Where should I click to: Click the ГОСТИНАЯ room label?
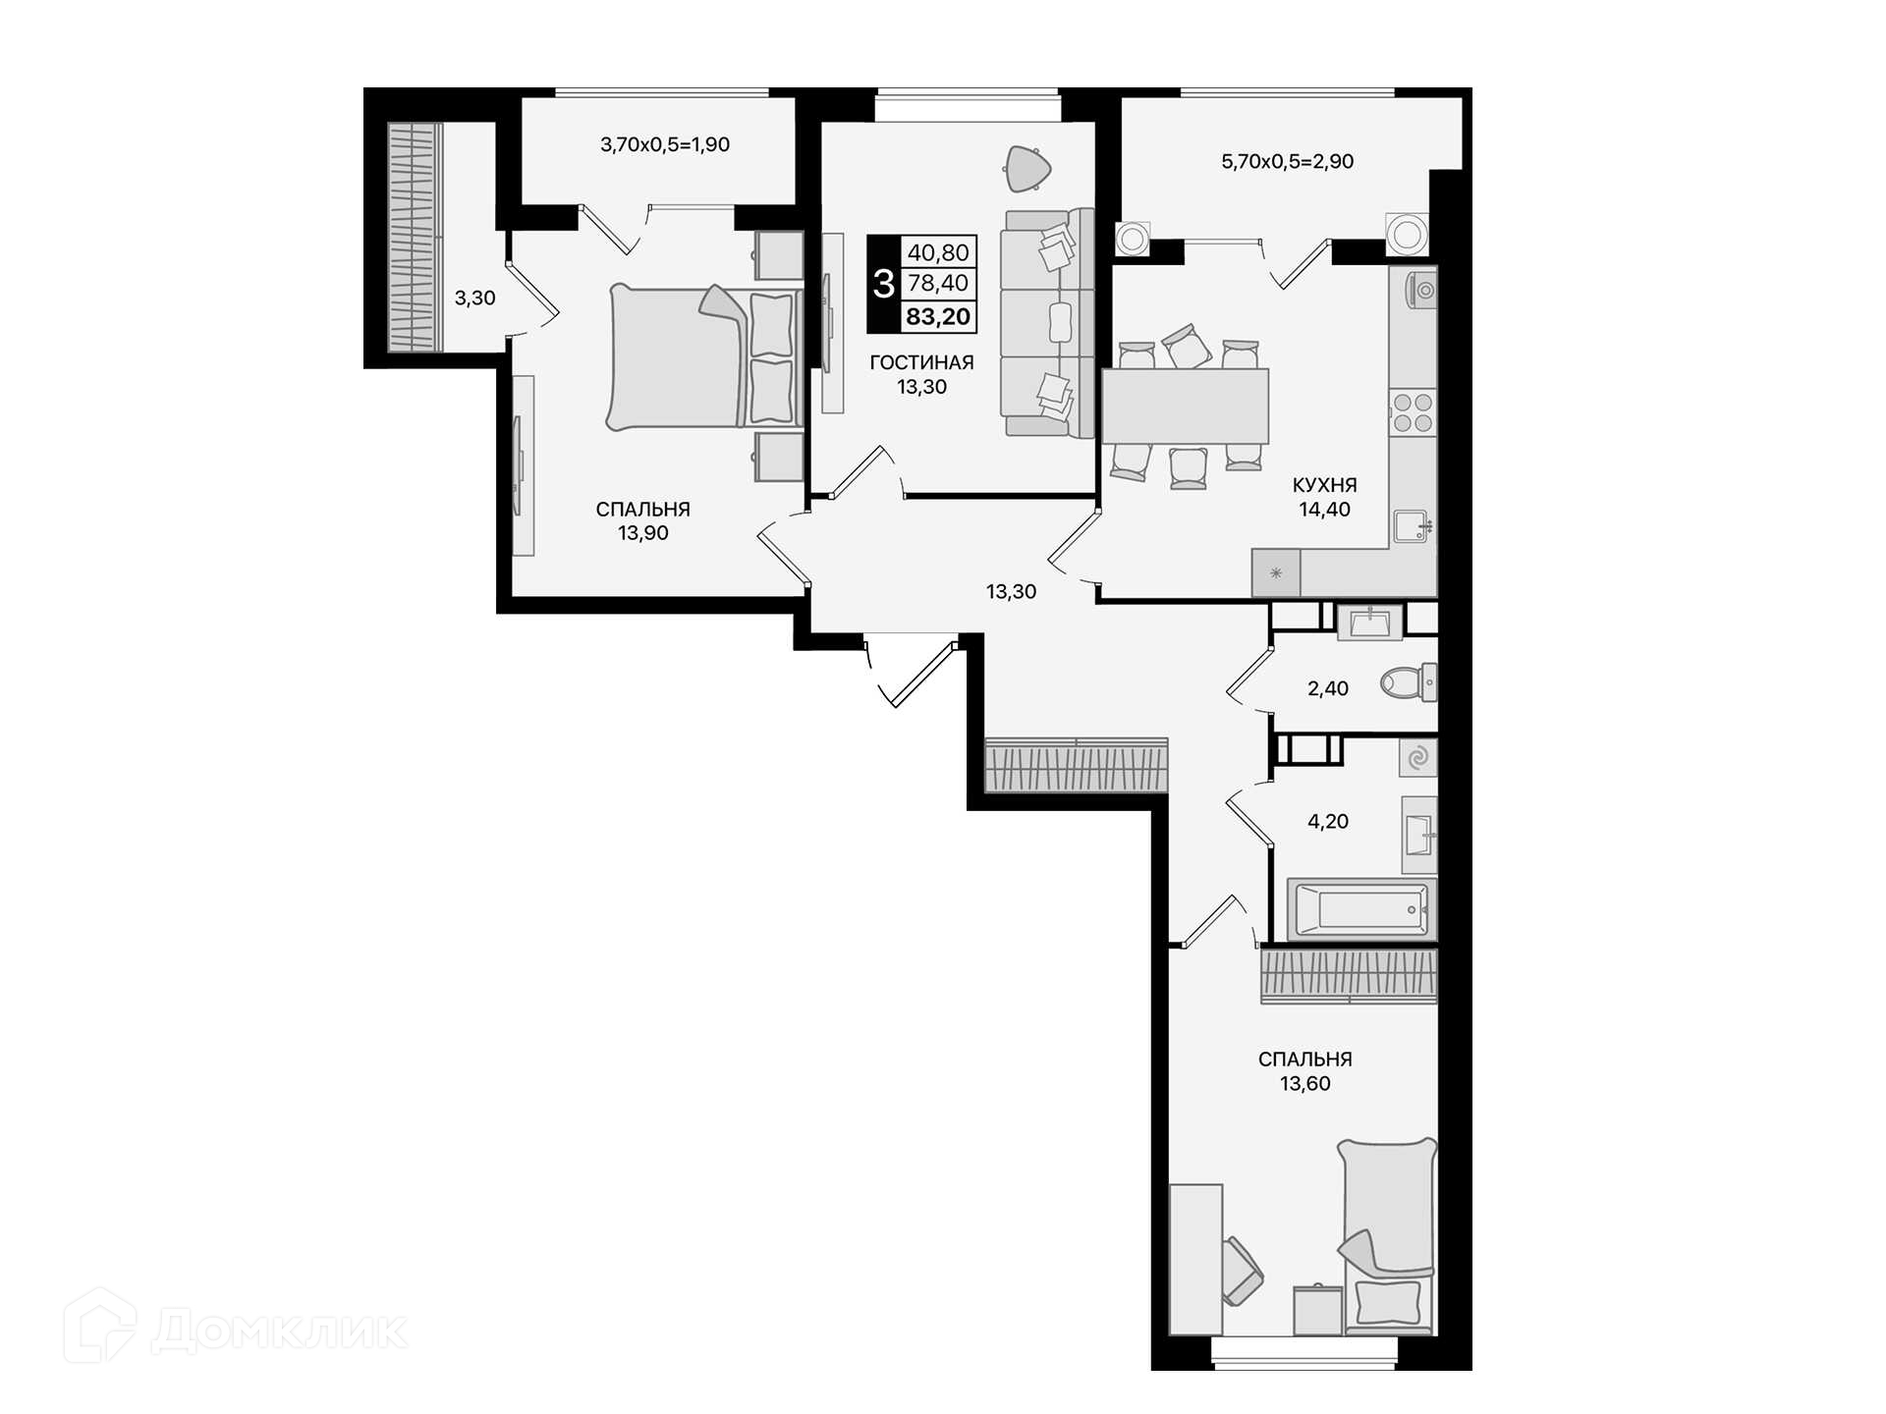[921, 362]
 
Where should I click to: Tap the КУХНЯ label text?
[1324, 485]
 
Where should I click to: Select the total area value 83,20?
[938, 316]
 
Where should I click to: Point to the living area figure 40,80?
[938, 252]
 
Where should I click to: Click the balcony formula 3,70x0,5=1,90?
[665, 144]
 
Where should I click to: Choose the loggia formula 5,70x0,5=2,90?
[1287, 161]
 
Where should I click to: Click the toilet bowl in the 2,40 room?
[1408, 681]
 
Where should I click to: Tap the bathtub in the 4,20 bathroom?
[1361, 909]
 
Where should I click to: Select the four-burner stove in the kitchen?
[1413, 412]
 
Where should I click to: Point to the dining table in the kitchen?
[1185, 407]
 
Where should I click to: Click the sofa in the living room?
[1047, 323]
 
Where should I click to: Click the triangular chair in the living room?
[1027, 169]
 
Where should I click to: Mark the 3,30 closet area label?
[474, 298]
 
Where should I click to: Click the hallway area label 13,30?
[1011, 591]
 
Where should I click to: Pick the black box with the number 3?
[884, 284]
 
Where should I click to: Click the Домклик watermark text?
[280, 1332]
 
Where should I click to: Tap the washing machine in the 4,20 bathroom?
[1418, 758]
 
